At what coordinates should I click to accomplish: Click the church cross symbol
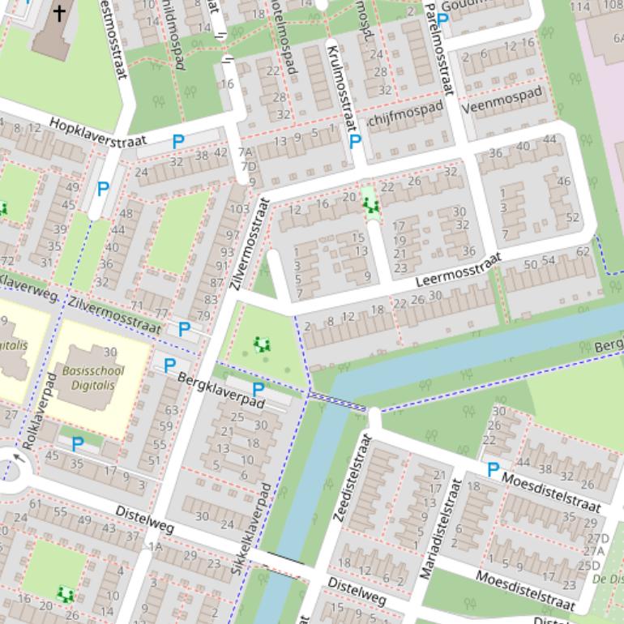[59, 12]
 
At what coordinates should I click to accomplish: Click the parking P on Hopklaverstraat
[178, 142]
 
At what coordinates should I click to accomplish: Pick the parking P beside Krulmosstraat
[355, 142]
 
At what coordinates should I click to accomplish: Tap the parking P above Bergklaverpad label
[258, 391]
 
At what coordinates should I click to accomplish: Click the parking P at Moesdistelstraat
[493, 469]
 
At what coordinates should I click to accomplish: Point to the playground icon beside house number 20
[372, 206]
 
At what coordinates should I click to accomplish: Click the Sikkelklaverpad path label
[251, 530]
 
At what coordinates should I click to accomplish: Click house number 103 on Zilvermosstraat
[240, 209]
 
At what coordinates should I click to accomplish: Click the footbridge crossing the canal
[336, 400]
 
